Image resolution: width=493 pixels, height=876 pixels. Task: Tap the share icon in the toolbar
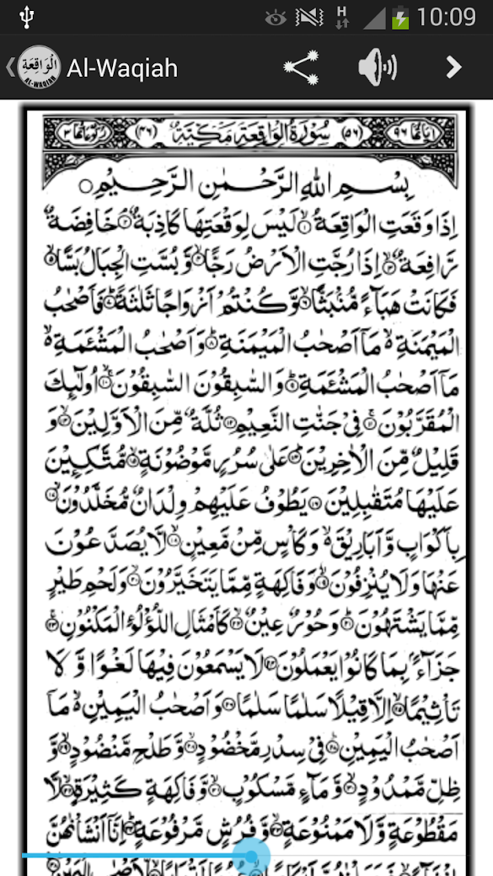pyautogui.click(x=300, y=67)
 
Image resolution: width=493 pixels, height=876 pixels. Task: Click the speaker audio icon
pyautogui.click(x=377, y=67)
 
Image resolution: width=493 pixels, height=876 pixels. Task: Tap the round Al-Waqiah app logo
pyautogui.click(x=39, y=67)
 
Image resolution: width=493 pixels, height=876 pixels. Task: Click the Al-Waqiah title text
pyautogui.click(x=122, y=67)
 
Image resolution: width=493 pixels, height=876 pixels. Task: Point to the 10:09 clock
pyautogui.click(x=446, y=16)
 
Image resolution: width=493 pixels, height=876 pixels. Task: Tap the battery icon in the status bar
pyautogui.click(x=400, y=17)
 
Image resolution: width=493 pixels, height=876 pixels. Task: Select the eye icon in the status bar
pyautogui.click(x=275, y=17)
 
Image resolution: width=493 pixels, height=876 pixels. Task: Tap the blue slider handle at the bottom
pyautogui.click(x=251, y=856)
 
